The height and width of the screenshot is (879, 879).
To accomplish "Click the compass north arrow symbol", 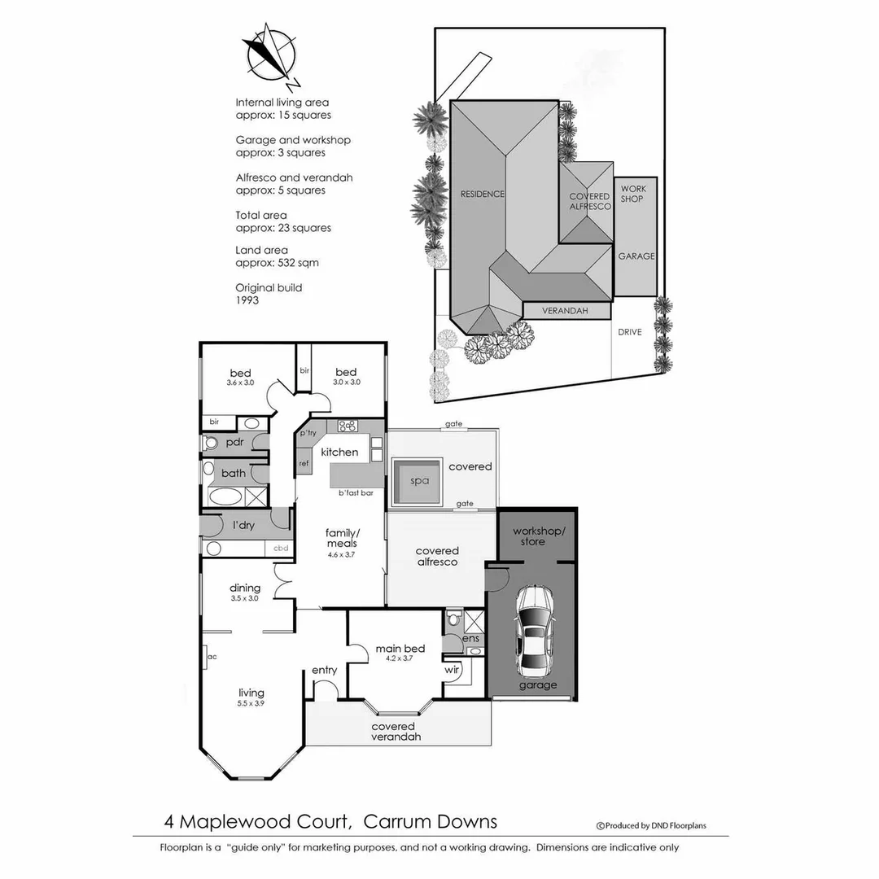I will tap(270, 54).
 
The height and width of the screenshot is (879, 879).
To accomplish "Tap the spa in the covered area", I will tap(418, 481).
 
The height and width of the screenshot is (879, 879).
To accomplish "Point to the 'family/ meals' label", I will tap(343, 538).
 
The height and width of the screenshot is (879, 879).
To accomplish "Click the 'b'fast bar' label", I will tap(355, 493).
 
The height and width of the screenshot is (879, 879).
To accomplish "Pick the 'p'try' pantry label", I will tap(308, 433).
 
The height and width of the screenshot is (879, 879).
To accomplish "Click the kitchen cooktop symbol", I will tap(348, 426).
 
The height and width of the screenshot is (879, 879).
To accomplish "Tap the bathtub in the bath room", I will tap(223, 496).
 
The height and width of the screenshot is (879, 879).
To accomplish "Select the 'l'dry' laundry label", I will tap(243, 525).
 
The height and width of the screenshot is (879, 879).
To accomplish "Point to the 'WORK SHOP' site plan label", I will tap(632, 194).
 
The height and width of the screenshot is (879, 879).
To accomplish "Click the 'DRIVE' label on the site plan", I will tap(629, 332).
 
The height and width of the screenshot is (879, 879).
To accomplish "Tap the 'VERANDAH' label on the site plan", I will tap(566, 311).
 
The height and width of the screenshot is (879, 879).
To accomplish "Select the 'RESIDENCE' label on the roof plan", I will tap(483, 194).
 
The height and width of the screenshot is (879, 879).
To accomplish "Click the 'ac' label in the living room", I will tap(212, 656).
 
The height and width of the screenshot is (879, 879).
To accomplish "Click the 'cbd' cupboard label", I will tap(281, 548).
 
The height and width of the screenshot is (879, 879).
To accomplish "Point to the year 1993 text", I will tap(247, 300).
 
